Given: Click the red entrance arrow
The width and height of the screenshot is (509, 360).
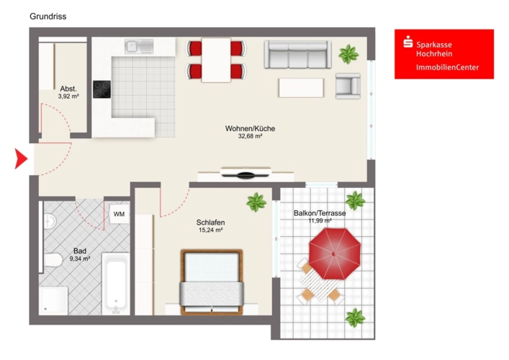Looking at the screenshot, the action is (x=20, y=158).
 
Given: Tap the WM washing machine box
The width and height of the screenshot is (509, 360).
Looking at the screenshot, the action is (x=119, y=214).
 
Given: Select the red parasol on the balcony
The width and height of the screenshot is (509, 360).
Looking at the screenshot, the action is (x=334, y=253).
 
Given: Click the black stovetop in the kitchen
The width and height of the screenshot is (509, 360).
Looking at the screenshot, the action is (x=102, y=89).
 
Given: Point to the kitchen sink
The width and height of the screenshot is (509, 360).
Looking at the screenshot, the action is (x=139, y=46).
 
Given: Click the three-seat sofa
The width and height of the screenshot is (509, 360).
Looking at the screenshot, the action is (x=297, y=54).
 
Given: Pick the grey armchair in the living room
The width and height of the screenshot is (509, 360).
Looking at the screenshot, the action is (x=348, y=86).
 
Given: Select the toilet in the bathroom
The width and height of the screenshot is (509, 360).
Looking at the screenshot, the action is (x=53, y=261).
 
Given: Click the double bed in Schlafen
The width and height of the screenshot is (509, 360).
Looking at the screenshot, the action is (x=212, y=282).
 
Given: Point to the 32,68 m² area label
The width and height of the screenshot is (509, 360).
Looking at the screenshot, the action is (x=250, y=136).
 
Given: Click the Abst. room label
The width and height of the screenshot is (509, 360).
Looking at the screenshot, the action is (x=68, y=89).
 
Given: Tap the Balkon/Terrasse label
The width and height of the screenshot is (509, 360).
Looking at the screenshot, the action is (x=320, y=213).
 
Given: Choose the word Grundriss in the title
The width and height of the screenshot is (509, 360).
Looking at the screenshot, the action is (x=48, y=17).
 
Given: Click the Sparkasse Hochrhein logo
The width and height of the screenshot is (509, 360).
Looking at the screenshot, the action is (x=444, y=54).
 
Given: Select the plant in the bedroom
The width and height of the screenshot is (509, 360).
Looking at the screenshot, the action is (x=256, y=202).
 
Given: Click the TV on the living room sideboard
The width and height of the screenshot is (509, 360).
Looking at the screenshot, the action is (x=246, y=173).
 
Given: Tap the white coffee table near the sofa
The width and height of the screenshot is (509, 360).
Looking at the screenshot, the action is (x=301, y=88).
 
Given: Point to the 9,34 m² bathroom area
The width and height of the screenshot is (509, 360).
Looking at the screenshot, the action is (x=80, y=258).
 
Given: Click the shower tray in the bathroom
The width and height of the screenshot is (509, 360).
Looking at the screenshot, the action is (x=53, y=300).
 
